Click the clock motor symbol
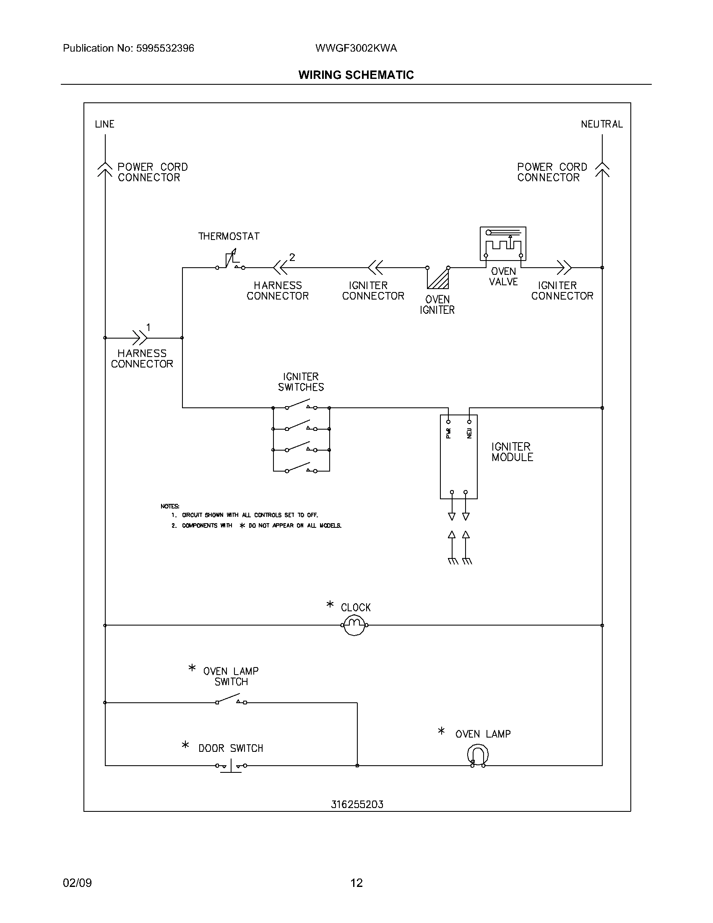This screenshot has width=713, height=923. click(x=354, y=625)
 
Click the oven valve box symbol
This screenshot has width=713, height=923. click(x=502, y=244)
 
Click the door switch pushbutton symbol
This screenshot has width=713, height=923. click(x=231, y=765)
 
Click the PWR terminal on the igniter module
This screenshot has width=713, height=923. click(x=449, y=422)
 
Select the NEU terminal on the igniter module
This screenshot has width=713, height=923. click(x=469, y=422)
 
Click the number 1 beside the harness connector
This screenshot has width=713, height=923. click(x=148, y=327)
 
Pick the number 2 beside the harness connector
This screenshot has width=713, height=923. click(x=292, y=257)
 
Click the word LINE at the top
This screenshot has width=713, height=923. click(x=104, y=124)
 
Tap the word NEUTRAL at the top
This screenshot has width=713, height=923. click(x=601, y=124)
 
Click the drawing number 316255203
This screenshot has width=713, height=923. click(x=357, y=804)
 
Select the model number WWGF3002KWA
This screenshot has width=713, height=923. click(x=356, y=48)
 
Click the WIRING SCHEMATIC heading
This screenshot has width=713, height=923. click(x=356, y=75)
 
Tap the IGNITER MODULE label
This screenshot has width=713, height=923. click(x=512, y=452)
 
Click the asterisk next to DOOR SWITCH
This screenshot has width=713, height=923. click(x=185, y=745)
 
